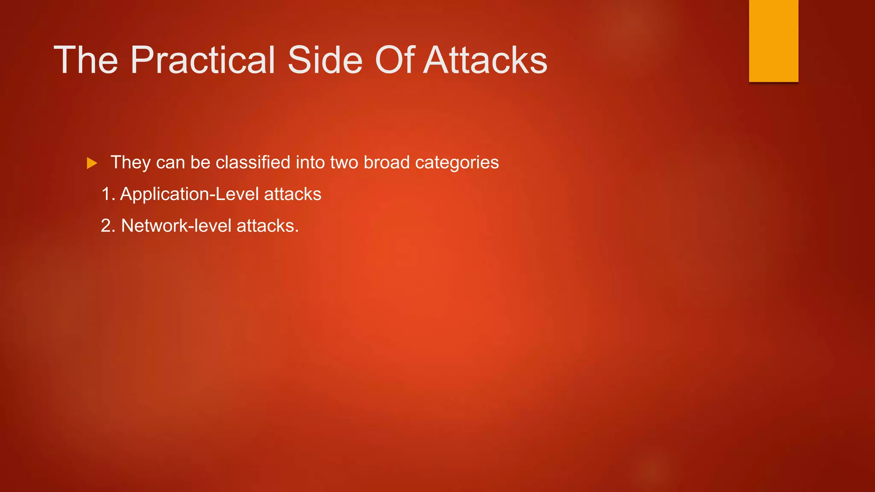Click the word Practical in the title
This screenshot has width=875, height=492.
click(203, 60)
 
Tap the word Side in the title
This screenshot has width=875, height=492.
click(325, 60)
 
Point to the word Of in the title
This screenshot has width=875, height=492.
click(394, 60)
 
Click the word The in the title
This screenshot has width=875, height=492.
click(85, 60)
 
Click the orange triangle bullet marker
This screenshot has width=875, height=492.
click(92, 163)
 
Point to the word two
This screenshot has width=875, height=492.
click(344, 163)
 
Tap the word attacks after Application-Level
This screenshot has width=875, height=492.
click(293, 194)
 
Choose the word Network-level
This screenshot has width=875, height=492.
click(176, 226)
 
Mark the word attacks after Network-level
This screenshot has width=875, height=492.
click(267, 226)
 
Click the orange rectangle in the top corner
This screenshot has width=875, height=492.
click(773, 41)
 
